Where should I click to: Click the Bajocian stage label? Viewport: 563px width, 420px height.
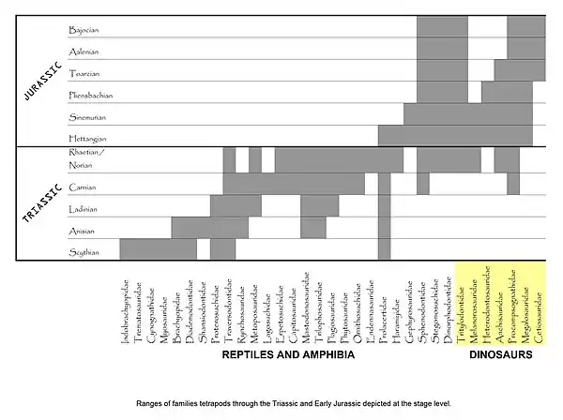[x=84, y=30]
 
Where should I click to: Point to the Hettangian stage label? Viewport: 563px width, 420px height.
[x=87, y=140]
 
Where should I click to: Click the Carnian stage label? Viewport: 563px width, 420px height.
[x=83, y=187]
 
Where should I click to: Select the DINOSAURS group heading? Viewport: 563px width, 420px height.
[x=500, y=355]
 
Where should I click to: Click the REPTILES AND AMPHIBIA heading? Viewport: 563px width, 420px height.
[x=288, y=355]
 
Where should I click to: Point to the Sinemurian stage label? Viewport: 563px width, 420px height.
[x=86, y=117]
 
